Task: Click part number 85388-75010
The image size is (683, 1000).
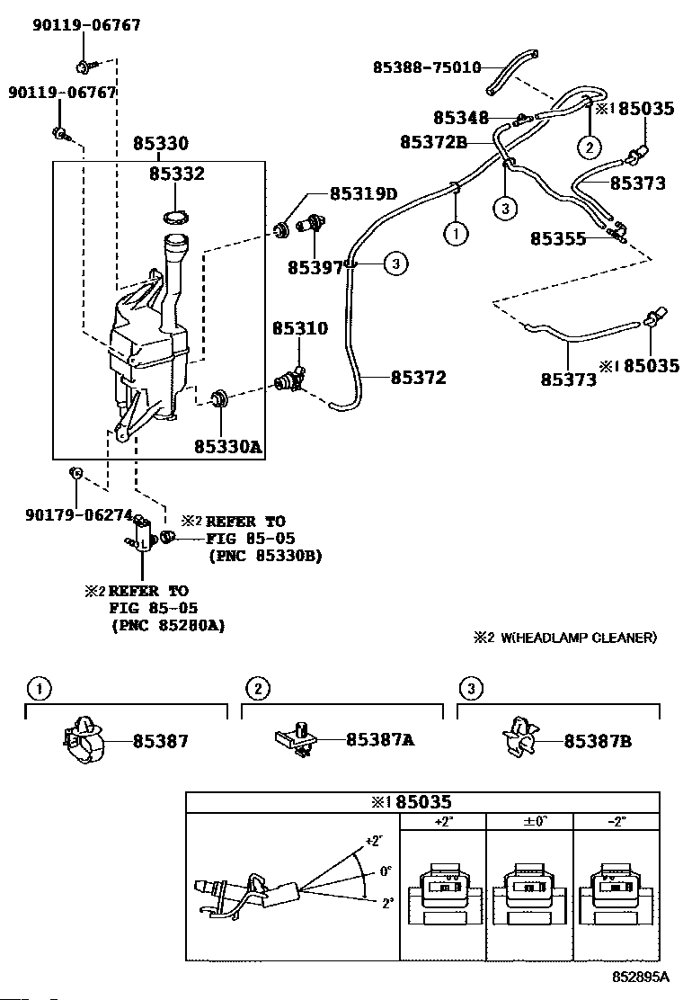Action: coord(427,67)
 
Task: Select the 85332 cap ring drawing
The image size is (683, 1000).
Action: coord(173,217)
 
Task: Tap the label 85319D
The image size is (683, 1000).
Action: coord(362,193)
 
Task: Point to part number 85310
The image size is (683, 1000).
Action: coord(300,329)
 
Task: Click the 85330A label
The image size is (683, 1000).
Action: coord(228,445)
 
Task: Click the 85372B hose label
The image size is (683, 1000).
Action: coord(433,141)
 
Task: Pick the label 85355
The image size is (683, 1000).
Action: coord(558,239)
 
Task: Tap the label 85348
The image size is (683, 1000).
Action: coord(461,118)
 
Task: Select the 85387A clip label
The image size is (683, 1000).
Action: coord(380,740)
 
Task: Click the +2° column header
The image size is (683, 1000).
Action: coord(442,821)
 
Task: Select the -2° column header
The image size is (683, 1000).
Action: coord(616,821)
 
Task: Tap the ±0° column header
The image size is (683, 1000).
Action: coord(529,821)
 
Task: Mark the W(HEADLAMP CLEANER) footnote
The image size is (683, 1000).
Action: coord(565,638)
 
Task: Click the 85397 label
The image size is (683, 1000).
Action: coord(315,267)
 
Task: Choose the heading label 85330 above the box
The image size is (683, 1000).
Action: coord(161,144)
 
